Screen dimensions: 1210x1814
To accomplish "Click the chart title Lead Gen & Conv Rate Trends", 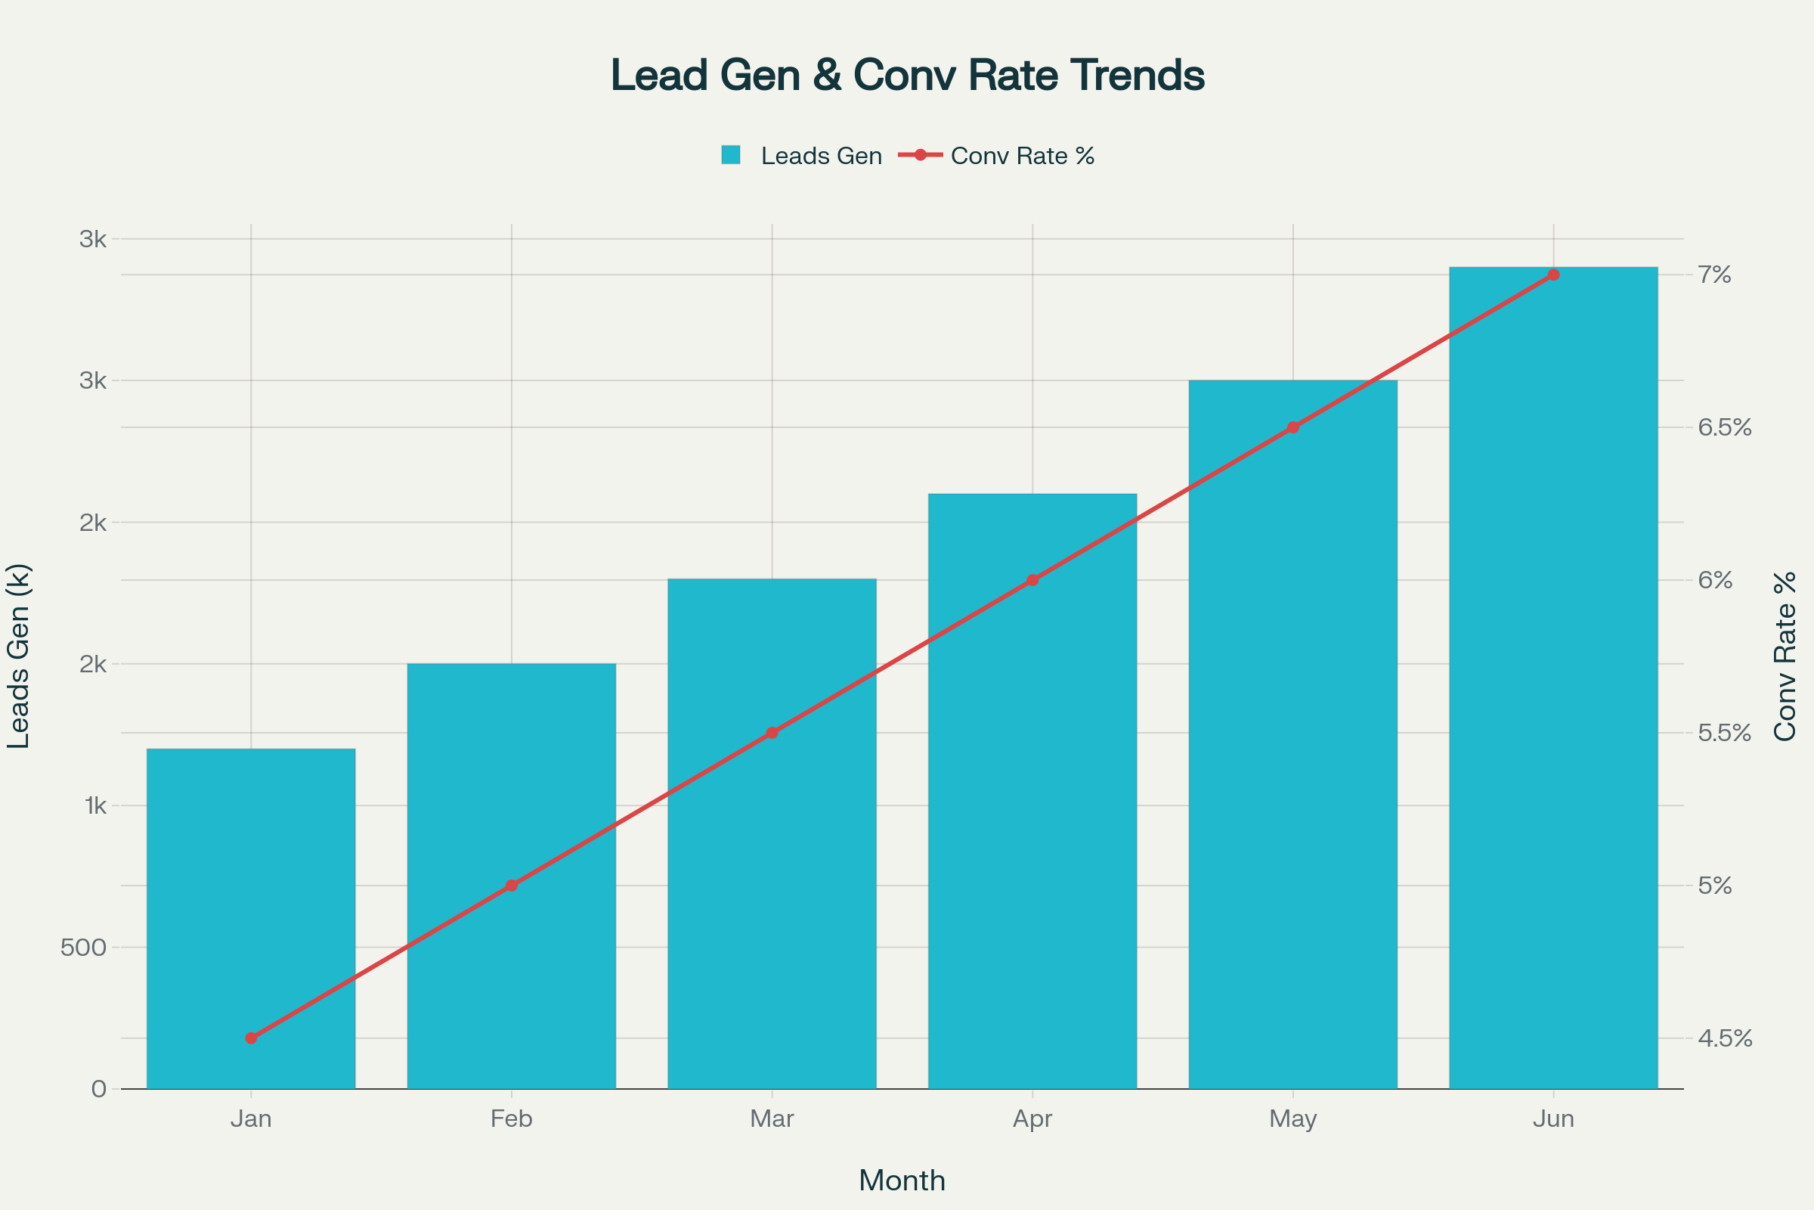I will pos(907,76).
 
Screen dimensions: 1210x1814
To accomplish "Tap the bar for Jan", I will pos(251,918).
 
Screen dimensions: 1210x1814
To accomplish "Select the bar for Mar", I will pos(771,833).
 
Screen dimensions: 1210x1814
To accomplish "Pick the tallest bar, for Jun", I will pos(1552,679).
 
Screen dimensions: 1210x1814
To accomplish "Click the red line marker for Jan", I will pos(251,1038).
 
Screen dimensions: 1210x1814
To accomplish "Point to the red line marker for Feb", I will pos(512,885).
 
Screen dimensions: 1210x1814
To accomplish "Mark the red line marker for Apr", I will pos(1032,579).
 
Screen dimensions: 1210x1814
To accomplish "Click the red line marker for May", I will pos(1292,427).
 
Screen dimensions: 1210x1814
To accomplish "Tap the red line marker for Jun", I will pos(1553,275).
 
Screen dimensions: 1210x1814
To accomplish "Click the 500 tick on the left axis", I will pos(83,948).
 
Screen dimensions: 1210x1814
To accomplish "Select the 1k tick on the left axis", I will pos(95,805).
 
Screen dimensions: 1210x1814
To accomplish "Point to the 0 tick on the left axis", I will pos(99,1089).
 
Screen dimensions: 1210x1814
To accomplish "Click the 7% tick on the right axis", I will pos(1715,275).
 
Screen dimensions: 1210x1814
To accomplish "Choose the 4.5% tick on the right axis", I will pos(1725,1038).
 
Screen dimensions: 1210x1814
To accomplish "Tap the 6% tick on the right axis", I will pos(1715,579).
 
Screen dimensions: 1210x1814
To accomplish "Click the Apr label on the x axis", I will pos(1032,1119).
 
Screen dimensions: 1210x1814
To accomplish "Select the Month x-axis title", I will pos(902,1181).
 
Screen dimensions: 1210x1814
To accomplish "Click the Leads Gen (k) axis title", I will pos(18,656).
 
